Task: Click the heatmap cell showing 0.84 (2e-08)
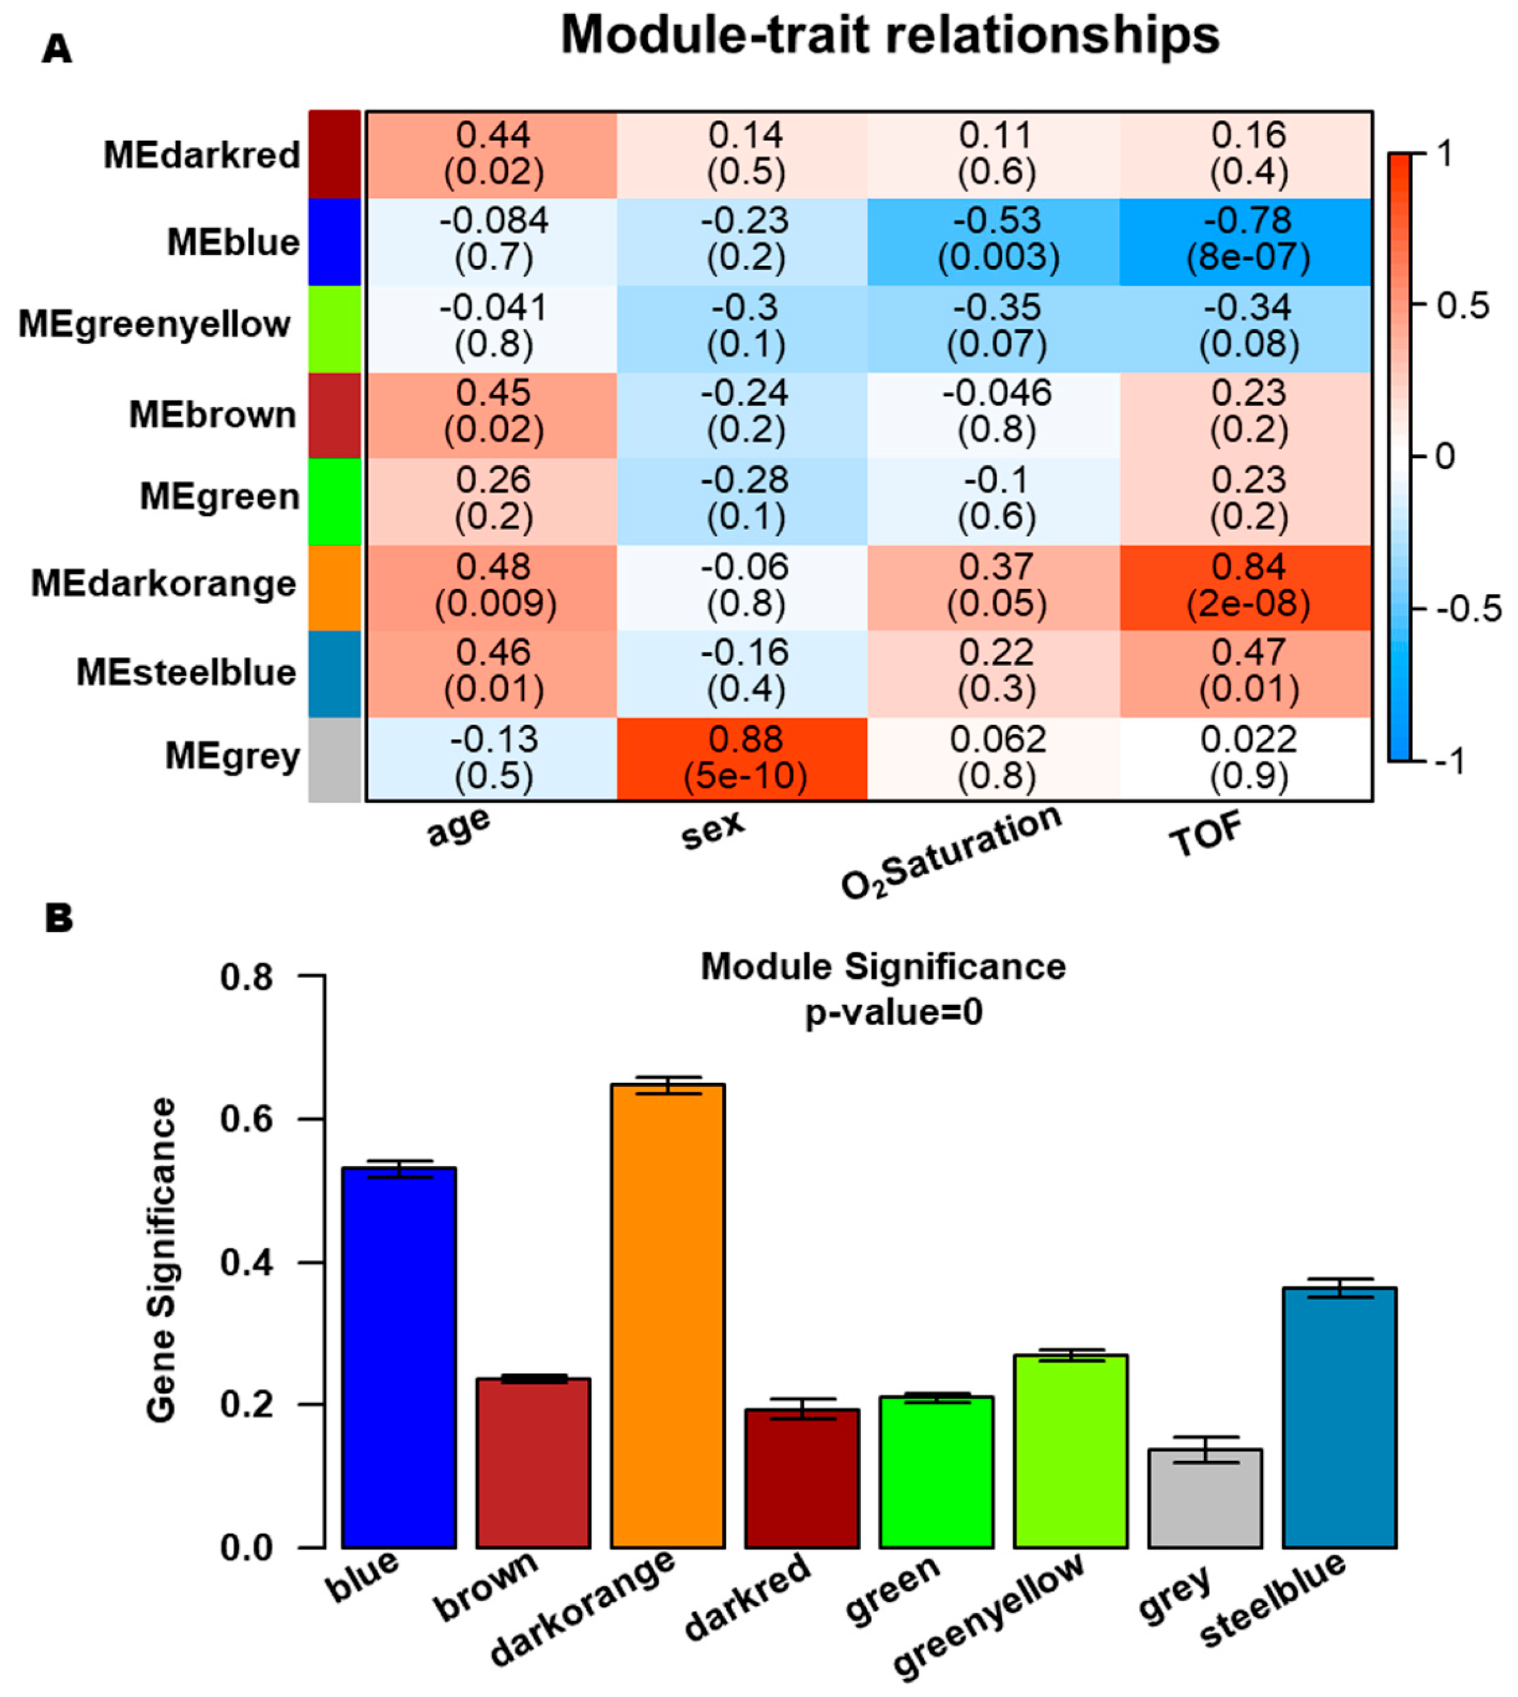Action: coord(1247,587)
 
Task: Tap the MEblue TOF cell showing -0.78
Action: coord(1247,241)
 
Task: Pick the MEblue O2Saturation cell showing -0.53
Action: coord(995,241)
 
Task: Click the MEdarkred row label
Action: coord(202,155)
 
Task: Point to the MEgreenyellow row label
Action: coord(155,324)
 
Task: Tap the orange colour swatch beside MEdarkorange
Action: coord(334,587)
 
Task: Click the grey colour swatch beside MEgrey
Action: coord(334,759)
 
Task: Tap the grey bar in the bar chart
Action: coord(1204,1497)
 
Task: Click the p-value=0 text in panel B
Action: coord(893,1012)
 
